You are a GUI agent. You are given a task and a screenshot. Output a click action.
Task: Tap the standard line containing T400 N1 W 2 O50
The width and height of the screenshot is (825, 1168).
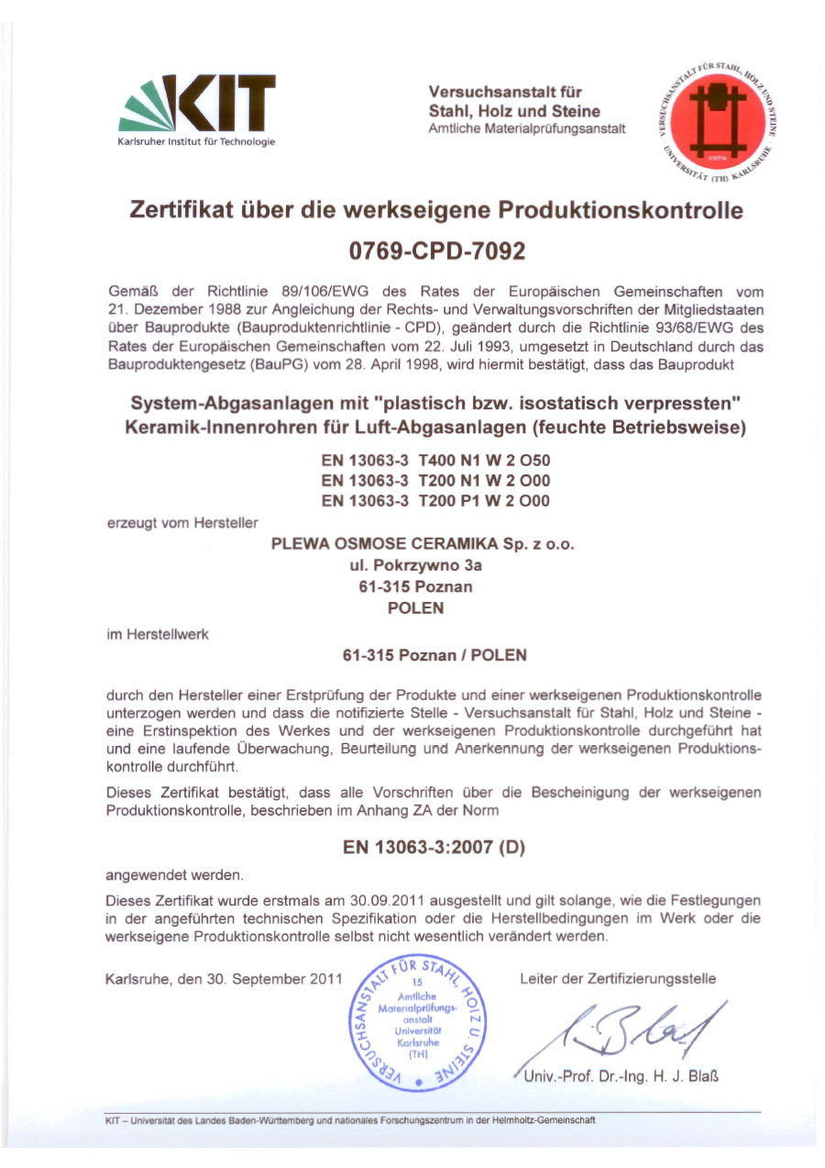[435, 461]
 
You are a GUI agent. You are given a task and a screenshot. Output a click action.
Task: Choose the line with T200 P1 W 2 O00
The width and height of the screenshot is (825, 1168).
[435, 501]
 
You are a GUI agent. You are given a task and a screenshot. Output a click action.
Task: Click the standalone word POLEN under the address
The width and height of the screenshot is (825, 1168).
[416, 607]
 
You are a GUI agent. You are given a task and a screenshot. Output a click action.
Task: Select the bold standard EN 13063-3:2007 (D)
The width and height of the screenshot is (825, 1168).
[434, 847]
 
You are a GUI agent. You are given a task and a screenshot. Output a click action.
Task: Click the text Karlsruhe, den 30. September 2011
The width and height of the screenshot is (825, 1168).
[224, 978]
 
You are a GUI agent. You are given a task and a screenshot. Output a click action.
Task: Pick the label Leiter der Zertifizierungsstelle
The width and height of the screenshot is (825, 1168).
[618, 978]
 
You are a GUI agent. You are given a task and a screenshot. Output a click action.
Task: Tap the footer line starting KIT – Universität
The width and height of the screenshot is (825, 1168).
[351, 1119]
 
